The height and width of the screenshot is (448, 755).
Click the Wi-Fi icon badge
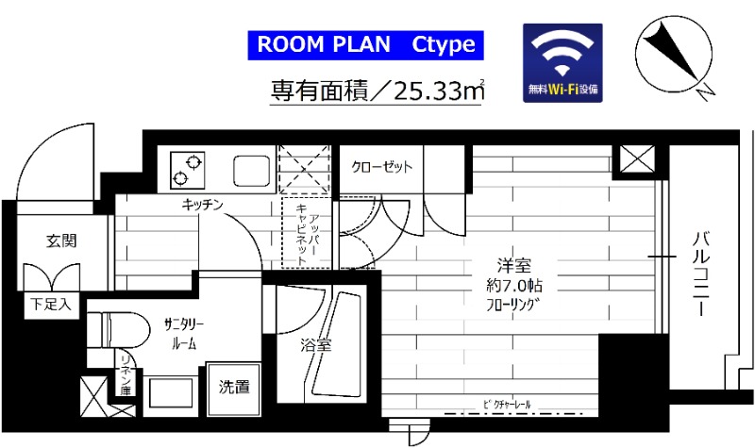(x=562, y=64)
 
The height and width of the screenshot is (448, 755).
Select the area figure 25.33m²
(x=440, y=91)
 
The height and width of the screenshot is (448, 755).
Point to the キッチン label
(x=203, y=205)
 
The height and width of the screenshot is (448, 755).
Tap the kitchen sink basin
(x=250, y=171)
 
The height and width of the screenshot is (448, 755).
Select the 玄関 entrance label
(x=61, y=241)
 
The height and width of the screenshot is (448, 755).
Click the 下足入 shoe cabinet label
(x=42, y=305)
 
